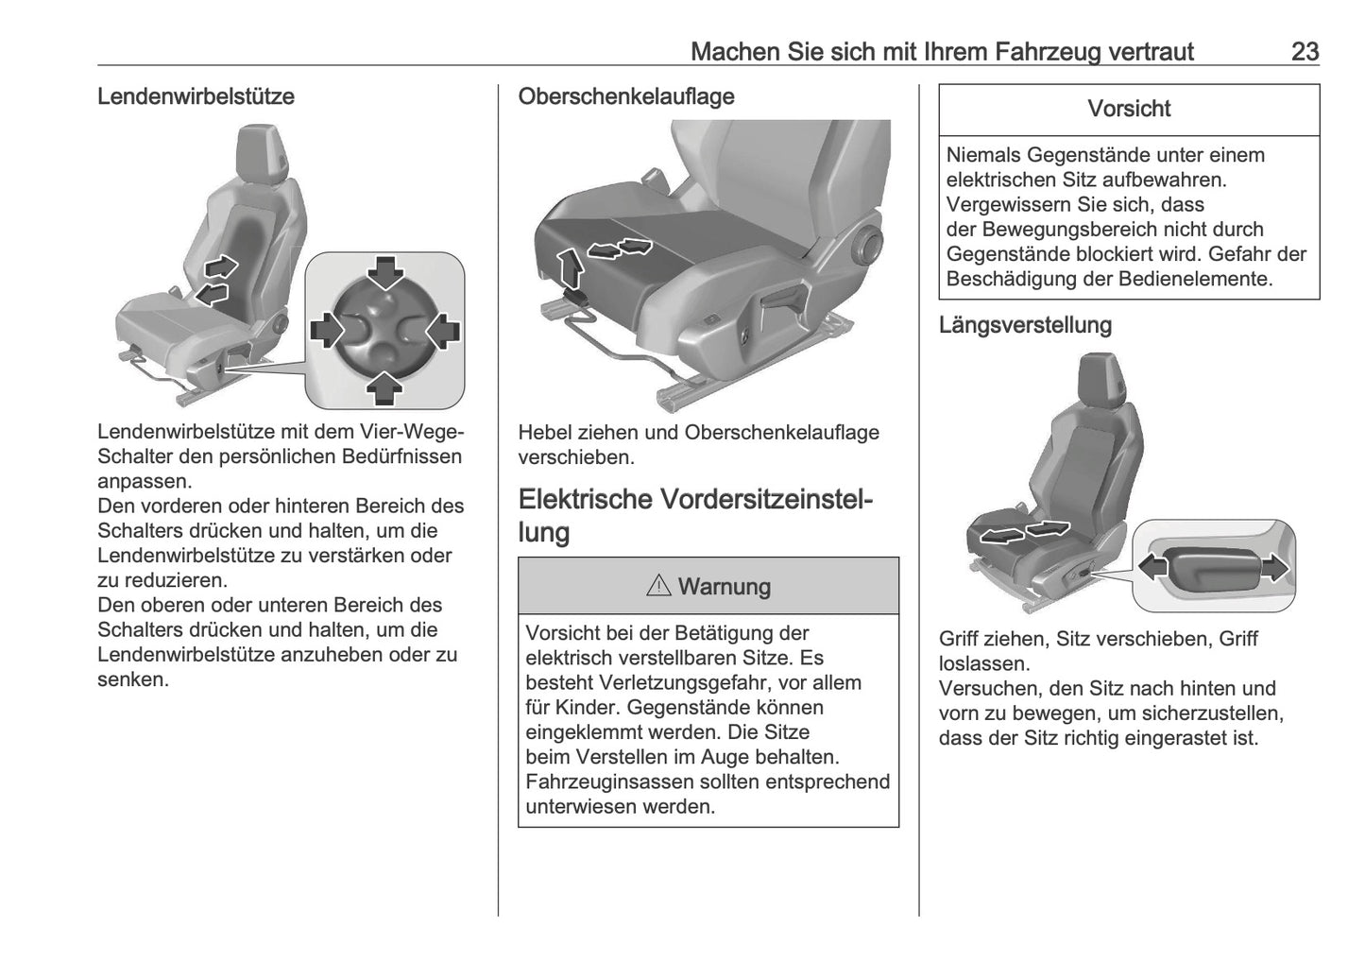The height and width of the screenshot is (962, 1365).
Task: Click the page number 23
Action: (1304, 51)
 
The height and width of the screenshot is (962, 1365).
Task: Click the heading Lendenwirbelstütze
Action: (196, 96)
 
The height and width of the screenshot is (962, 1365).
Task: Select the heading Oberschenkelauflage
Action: (625, 96)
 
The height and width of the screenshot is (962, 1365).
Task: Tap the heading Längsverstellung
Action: (1025, 325)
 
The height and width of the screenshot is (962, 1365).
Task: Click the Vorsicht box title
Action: (1129, 109)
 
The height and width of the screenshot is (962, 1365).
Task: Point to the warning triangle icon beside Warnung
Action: (658, 587)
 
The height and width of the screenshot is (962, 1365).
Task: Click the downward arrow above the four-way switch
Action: (385, 273)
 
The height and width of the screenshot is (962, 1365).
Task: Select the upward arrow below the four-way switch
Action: (385, 387)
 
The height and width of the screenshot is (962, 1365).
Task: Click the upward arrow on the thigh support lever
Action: (569, 266)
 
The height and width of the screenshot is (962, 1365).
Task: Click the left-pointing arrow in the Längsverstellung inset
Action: (1152, 567)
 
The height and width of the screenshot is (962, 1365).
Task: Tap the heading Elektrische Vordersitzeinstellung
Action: (695, 515)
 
